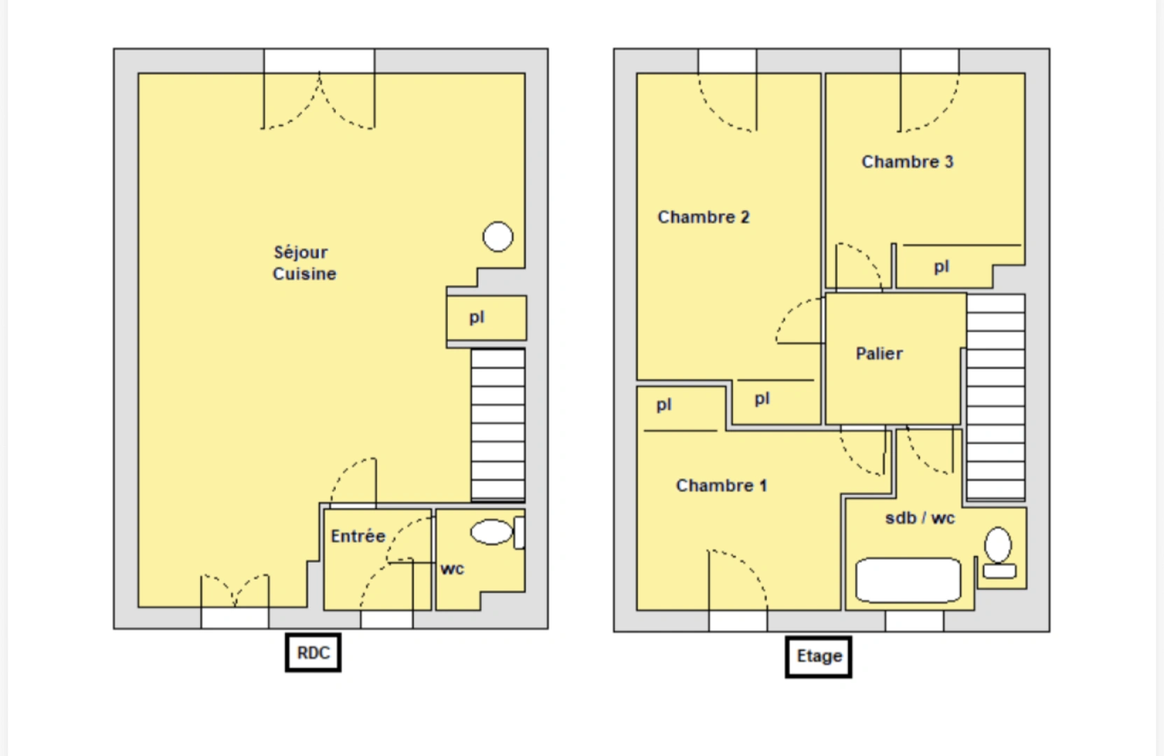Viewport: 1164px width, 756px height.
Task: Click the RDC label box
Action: click(313, 652)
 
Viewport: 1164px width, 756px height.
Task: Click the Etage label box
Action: click(818, 657)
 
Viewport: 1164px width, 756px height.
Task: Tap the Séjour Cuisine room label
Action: click(303, 263)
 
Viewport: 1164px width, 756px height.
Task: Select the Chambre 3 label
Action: click(907, 162)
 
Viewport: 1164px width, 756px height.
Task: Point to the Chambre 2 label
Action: click(703, 217)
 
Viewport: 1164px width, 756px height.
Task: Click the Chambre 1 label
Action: click(721, 485)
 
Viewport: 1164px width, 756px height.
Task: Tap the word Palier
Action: click(879, 353)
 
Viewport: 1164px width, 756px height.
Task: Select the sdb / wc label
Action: click(920, 518)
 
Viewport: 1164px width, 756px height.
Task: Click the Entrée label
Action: click(358, 536)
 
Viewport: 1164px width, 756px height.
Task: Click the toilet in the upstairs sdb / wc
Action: click(998, 550)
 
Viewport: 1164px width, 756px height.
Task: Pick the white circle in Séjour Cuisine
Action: click(498, 237)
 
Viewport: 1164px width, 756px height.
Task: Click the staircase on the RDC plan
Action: click(498, 424)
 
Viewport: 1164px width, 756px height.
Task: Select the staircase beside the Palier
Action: click(995, 396)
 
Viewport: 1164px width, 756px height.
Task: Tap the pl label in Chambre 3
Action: click(941, 267)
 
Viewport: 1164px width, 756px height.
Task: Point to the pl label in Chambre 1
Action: click(664, 405)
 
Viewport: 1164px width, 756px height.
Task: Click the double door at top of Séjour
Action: click(319, 98)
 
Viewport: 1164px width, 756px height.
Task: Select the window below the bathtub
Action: click(913, 621)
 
